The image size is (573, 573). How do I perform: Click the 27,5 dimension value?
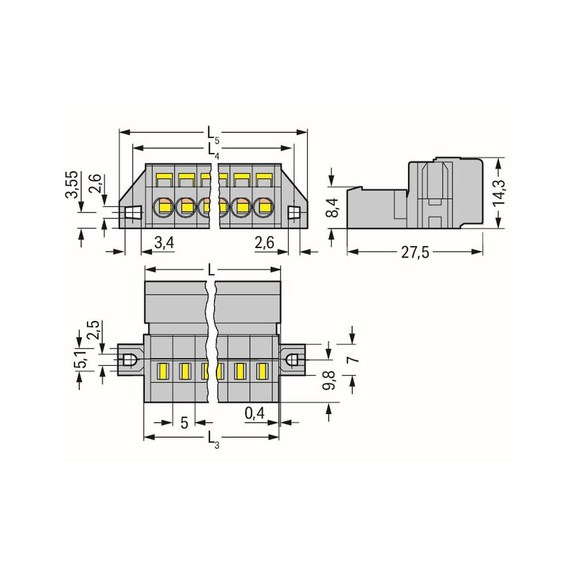(x=415, y=252)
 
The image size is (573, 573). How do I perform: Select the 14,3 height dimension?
(x=499, y=193)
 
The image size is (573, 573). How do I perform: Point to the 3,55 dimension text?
(x=71, y=184)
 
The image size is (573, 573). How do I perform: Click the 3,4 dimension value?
(x=164, y=243)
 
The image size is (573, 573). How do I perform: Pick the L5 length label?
(x=213, y=134)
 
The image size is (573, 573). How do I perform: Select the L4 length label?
(x=213, y=150)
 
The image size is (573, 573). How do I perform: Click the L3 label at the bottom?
(x=213, y=439)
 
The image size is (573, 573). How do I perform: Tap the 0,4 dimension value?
(x=254, y=414)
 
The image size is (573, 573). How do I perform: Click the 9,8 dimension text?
(x=329, y=380)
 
